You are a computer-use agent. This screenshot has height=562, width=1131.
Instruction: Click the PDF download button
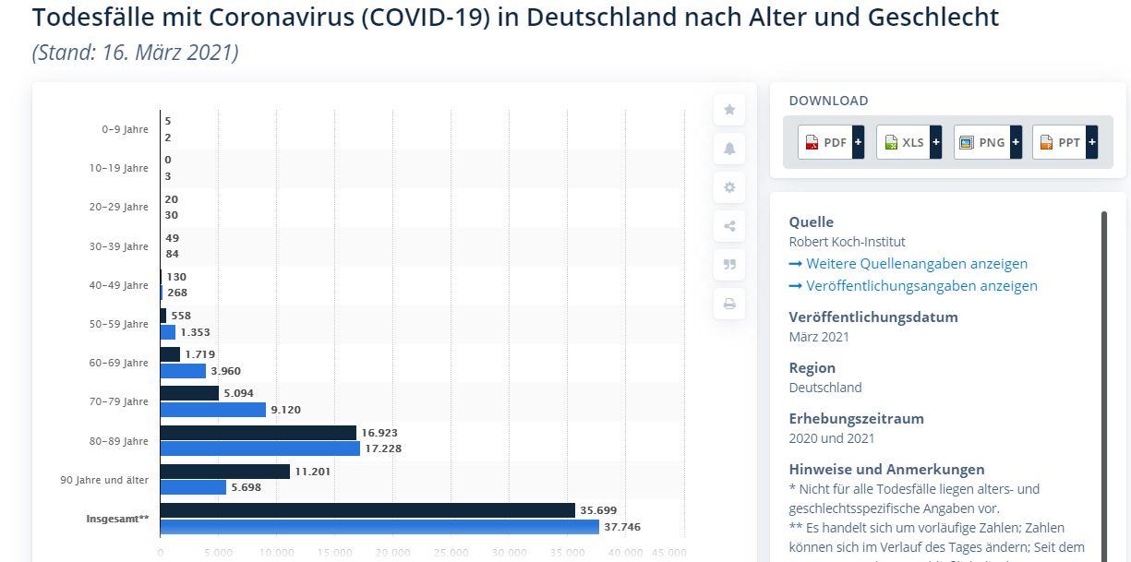830,142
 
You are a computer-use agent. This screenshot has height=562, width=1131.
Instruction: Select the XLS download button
908,142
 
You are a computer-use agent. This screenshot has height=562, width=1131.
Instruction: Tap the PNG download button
987,142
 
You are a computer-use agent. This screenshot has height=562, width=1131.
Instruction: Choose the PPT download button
1065,142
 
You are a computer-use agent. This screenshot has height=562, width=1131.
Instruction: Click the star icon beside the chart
729,110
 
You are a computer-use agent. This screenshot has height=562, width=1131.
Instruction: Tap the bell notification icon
729,149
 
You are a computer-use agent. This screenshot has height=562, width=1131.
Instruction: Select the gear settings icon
729,187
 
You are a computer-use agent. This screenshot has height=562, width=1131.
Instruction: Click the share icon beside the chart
729,226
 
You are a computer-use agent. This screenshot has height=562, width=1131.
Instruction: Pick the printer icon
729,303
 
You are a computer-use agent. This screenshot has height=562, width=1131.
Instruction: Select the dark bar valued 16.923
259,433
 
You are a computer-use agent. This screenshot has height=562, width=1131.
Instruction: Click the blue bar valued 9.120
213,410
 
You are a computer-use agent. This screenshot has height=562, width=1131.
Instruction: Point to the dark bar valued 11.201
225,472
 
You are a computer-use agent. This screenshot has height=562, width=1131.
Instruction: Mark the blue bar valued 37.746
379,527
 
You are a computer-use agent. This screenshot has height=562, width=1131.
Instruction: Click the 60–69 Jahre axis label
119,363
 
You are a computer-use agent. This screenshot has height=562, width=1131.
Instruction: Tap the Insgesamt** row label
117,519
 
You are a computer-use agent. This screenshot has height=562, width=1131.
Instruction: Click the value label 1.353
196,332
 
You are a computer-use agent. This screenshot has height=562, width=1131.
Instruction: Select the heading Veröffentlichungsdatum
873,317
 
